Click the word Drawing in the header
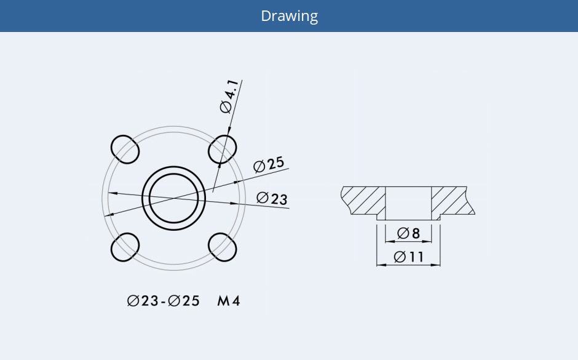(289, 16)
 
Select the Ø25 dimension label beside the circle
(269, 164)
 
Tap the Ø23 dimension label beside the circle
(272, 198)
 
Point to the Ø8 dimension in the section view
(408, 233)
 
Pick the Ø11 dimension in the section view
(409, 257)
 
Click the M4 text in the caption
(228, 301)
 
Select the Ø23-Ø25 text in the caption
(164, 301)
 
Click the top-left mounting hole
(125, 148)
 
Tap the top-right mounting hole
(223, 148)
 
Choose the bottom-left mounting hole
(125, 247)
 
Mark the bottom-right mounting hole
(223, 247)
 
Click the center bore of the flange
(173, 198)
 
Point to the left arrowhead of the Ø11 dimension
(379, 265)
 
